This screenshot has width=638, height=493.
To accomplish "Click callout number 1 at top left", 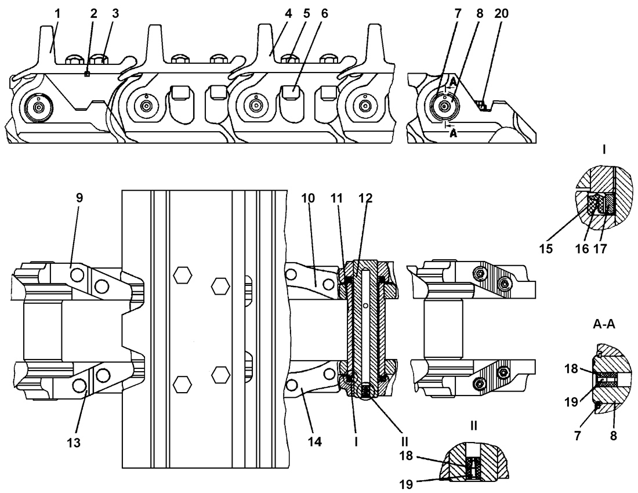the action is coord(58,14).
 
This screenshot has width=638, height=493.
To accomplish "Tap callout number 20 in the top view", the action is coord(502,14).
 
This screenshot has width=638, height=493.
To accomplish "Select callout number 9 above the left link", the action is coord(79,198).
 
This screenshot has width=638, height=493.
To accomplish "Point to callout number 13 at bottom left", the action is coord(74,443).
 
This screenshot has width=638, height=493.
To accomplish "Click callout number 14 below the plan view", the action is coord(315,441).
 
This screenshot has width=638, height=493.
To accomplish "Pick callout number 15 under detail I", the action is coord(546,249).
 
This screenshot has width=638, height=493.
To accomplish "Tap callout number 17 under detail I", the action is coord(600,249).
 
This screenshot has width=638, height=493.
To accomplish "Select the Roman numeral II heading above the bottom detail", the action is coord(474,426).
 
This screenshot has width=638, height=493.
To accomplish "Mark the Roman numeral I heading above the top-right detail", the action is coord(604,150).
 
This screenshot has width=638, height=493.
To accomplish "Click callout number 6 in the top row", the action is coord(324,14).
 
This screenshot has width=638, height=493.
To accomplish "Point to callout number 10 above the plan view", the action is coord(308,198).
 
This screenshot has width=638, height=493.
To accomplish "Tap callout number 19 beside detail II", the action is coord(407,484).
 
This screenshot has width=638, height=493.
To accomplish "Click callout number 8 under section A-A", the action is coord(614,436).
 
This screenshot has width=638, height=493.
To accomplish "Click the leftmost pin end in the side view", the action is coord(39,107).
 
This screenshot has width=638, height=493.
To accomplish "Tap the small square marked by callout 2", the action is coord(86,74).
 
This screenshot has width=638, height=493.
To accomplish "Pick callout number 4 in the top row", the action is coord(288,14).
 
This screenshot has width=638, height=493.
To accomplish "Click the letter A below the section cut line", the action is coord(454,133).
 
